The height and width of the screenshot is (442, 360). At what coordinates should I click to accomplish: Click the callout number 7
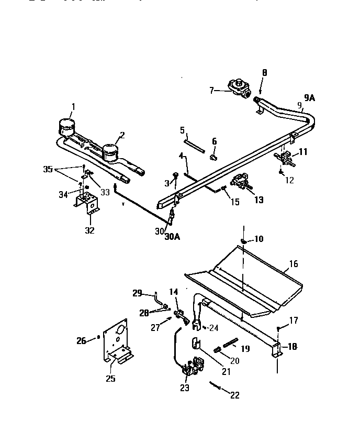(212, 91)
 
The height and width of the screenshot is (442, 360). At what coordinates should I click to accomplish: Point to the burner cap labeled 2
(110, 152)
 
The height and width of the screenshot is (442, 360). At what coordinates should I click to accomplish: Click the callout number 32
(90, 230)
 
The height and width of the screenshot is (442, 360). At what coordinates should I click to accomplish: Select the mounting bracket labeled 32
(88, 202)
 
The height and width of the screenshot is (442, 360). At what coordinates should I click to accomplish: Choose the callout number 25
(110, 379)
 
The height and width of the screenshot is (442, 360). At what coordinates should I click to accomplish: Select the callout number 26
(81, 340)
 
